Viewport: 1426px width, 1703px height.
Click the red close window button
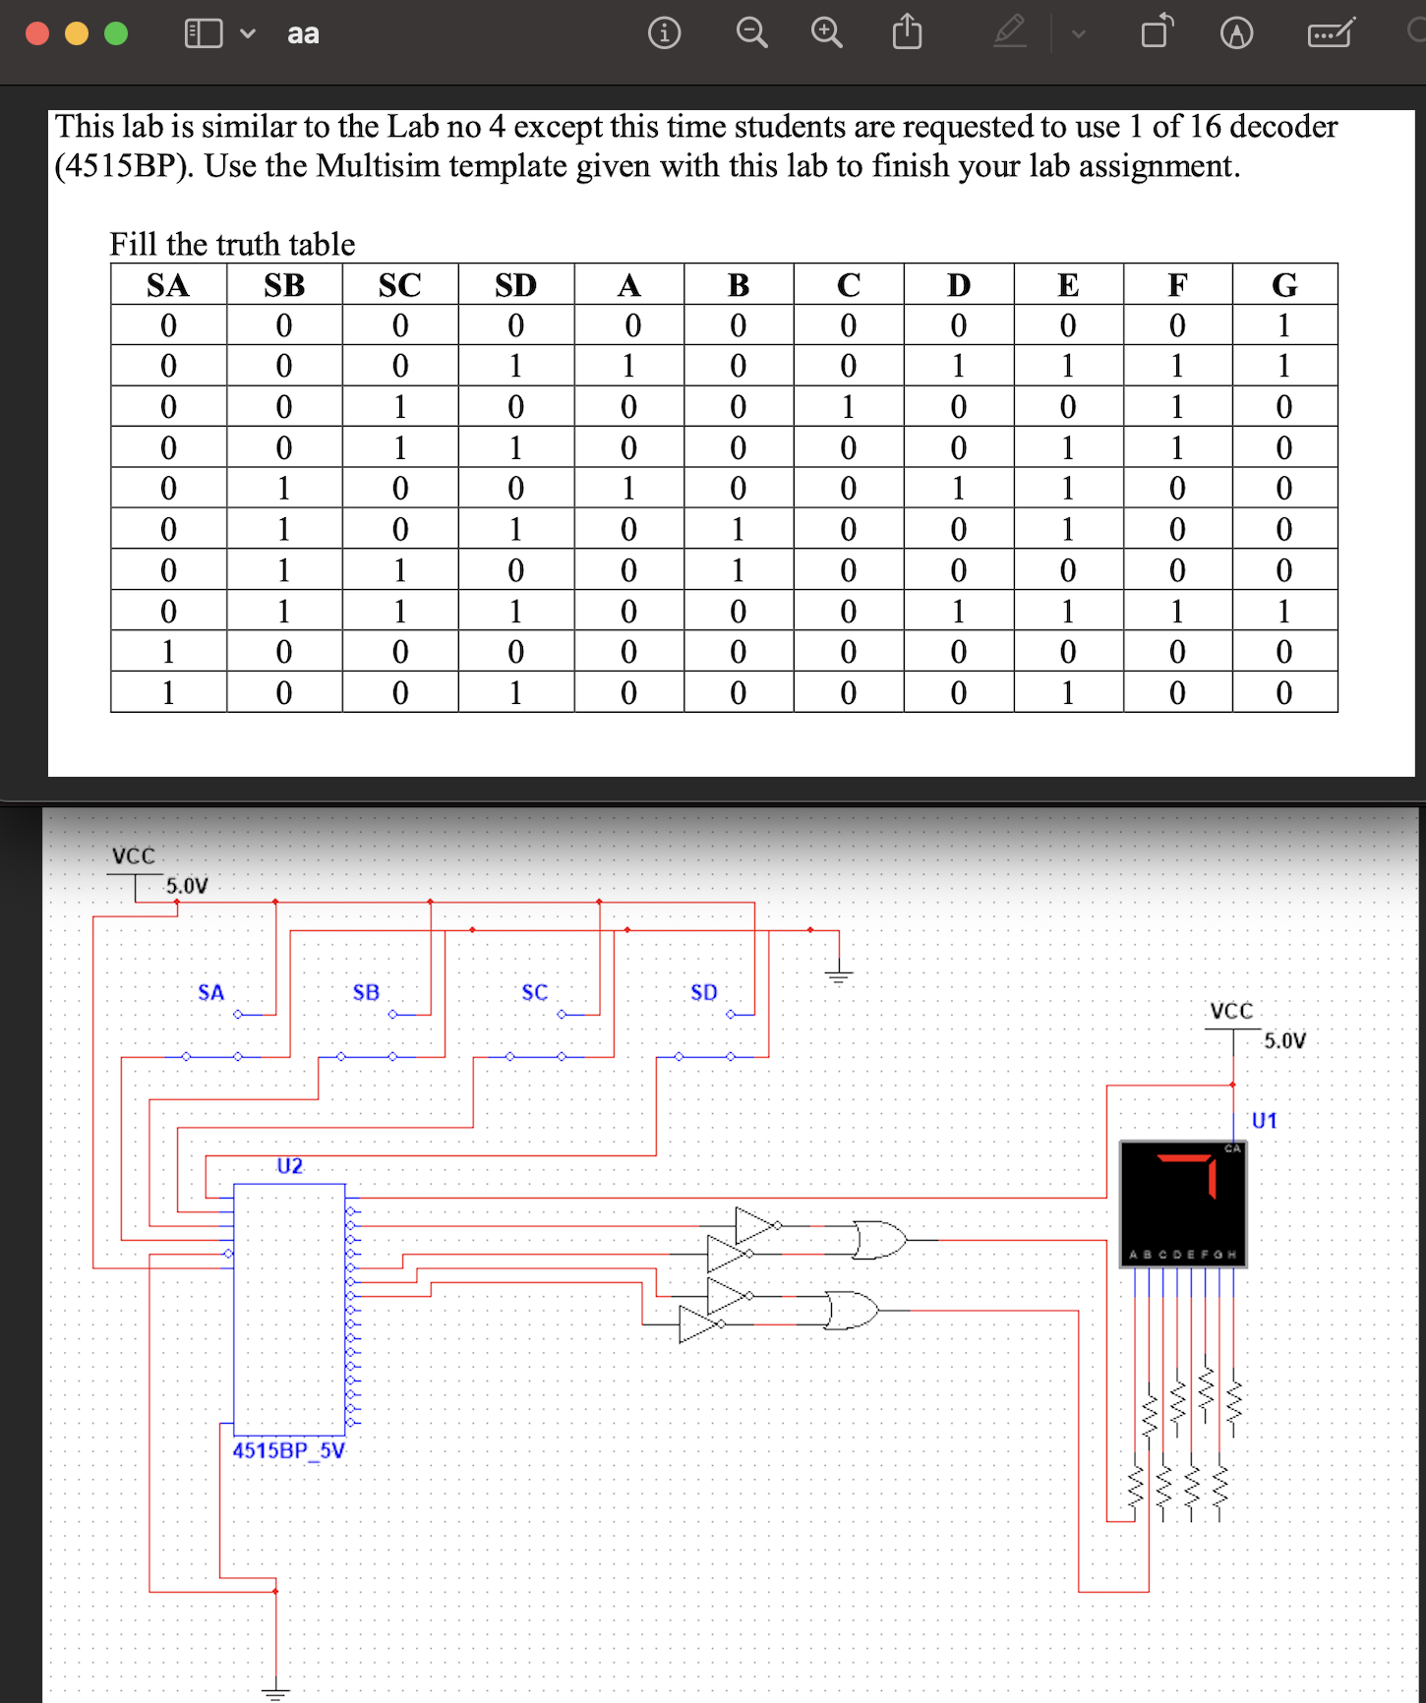click(37, 33)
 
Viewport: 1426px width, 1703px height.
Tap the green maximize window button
click(116, 33)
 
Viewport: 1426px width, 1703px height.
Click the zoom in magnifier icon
click(826, 33)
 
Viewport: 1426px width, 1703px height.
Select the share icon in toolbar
click(907, 32)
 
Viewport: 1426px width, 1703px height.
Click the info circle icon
click(664, 33)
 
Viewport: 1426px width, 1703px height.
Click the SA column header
click(168, 285)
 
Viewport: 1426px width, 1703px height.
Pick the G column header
click(1283, 285)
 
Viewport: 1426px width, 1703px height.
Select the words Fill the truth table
click(232, 244)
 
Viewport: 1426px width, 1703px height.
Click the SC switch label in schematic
click(534, 992)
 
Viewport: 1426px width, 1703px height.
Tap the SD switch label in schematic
click(703, 992)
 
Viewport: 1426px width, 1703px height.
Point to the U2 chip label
click(289, 1166)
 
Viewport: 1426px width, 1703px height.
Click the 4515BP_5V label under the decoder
click(289, 1450)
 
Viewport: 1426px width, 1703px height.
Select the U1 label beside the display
click(1264, 1121)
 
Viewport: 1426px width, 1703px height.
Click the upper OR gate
click(878, 1240)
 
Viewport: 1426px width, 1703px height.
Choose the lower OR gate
click(851, 1310)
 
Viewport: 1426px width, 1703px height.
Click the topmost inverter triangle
click(755, 1225)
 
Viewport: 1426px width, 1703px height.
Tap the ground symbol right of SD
click(838, 975)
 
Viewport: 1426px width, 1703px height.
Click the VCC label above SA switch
click(133, 855)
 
